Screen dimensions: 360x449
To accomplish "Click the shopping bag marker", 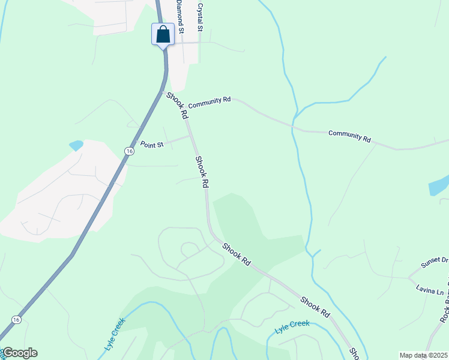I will [x=163, y=34].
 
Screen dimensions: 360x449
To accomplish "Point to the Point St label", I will [x=152, y=144].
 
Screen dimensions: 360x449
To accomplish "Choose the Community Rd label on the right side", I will [x=349, y=136].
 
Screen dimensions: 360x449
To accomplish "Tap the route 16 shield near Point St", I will [x=130, y=151].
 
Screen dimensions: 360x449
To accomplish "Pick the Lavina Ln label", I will [x=429, y=289].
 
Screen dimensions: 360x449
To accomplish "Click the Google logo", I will [x=20, y=353].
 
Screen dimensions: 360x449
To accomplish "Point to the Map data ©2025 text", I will [x=423, y=355].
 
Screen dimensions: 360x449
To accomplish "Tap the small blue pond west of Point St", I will [x=76, y=145].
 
